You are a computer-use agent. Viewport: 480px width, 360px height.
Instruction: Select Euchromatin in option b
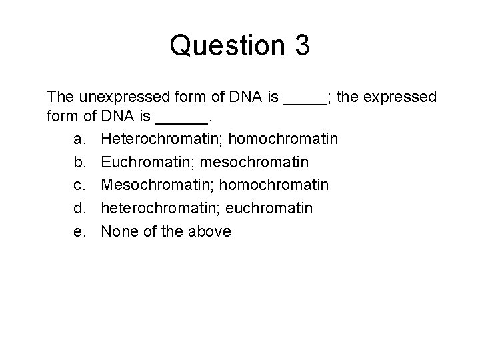[145, 163]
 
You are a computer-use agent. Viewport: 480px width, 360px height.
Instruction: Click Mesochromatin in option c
[154, 186]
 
